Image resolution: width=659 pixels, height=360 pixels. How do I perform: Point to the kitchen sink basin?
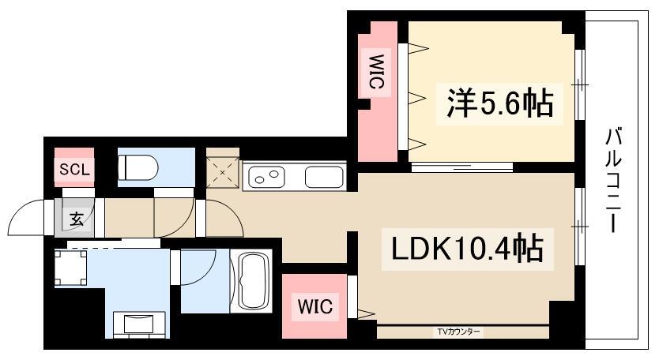point(324,177)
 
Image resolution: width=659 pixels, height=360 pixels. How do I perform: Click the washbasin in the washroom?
point(139,322)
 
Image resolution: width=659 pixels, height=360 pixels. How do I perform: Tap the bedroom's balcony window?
point(579,84)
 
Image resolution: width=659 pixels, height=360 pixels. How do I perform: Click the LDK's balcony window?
point(579,227)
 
